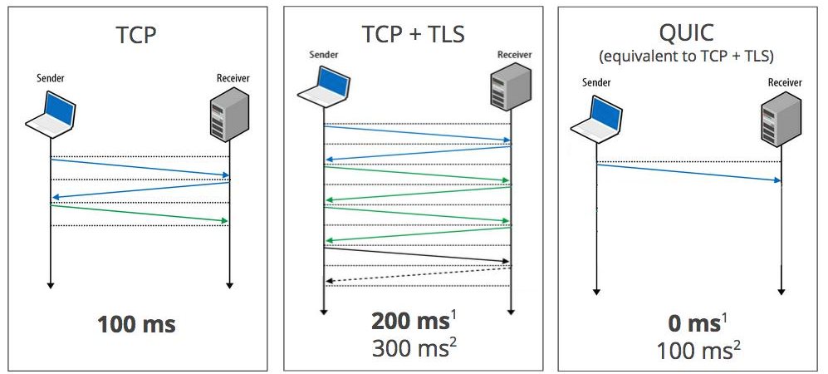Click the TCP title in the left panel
137,35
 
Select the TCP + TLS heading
413,34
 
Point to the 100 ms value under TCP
137,323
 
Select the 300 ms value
413,348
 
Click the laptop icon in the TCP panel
51,114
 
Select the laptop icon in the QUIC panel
595,118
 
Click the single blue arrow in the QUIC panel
688,173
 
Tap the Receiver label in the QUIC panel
785,82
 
